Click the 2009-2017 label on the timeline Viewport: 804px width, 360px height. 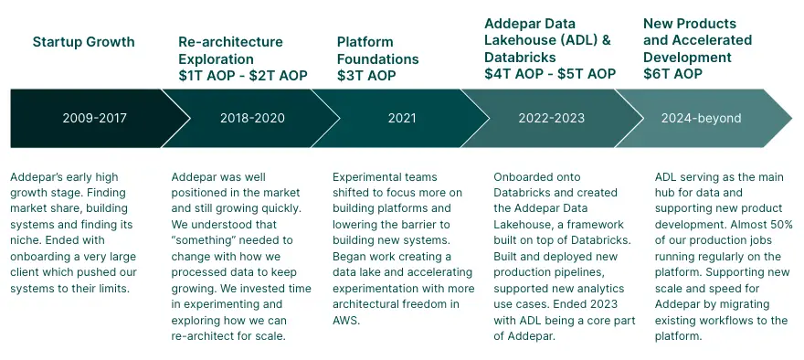tap(94, 119)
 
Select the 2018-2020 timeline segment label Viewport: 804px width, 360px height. tap(252, 119)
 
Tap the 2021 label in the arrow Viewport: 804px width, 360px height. tap(402, 119)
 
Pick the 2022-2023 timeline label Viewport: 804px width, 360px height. tap(551, 119)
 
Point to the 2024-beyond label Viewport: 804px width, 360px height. tap(701, 119)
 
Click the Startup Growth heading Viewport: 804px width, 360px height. tap(83, 41)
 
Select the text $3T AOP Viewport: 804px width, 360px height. tap(366, 76)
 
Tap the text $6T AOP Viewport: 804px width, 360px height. tap(672, 73)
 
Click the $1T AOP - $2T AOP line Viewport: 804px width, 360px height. tap(243, 76)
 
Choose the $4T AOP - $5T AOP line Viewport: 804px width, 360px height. tap(550, 73)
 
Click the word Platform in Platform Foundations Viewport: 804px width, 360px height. tap(365, 42)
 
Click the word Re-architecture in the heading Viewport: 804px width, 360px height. tap(231, 42)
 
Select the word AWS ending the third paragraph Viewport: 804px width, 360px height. tap(345, 321)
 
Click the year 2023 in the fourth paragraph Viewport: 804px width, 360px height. tap(607, 304)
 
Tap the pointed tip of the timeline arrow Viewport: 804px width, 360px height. tap(792, 119)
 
